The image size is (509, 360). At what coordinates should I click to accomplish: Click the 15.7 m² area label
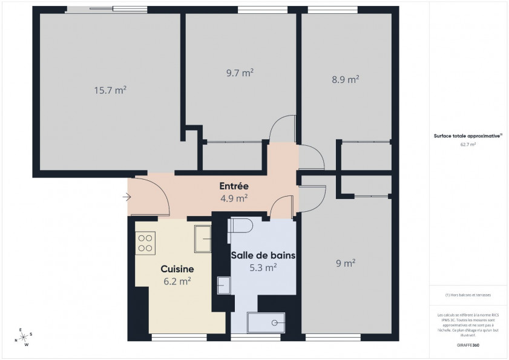click(110, 90)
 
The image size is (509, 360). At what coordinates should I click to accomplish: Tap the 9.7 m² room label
click(239, 73)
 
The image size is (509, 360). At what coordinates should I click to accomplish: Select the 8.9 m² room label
click(346, 79)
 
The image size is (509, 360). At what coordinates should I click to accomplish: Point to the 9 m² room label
click(345, 263)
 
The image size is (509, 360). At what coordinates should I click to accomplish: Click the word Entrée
click(234, 186)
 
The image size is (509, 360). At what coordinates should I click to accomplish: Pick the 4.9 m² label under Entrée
click(234, 198)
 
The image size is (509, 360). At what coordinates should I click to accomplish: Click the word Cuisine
click(177, 269)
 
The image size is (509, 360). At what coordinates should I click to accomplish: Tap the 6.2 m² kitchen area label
click(177, 281)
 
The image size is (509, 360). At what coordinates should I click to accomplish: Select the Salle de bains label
click(263, 255)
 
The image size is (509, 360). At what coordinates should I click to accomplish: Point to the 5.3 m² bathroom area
click(263, 267)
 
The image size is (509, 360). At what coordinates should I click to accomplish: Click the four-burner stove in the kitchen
click(145, 242)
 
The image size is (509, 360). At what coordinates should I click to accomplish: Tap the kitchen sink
click(202, 238)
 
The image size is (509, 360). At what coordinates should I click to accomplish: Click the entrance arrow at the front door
click(126, 197)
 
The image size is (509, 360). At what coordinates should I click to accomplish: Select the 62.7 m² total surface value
click(468, 145)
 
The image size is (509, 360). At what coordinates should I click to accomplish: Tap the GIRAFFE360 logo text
click(468, 344)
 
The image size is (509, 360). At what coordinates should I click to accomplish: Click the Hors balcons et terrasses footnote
click(468, 295)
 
